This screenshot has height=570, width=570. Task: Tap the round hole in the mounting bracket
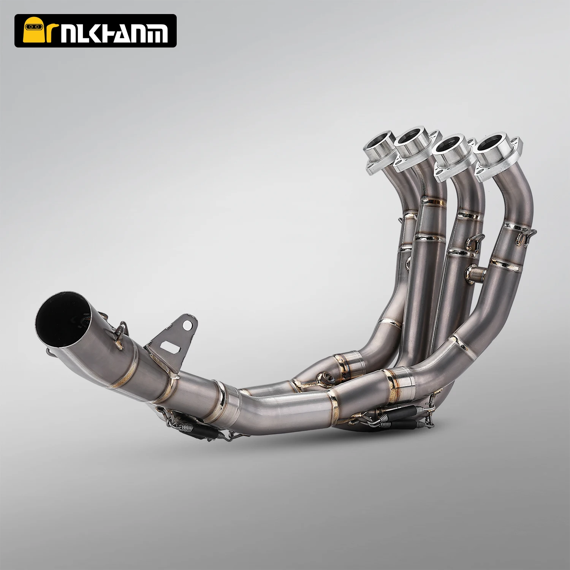point(186,325)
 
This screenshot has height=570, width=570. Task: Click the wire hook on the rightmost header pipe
point(526,236)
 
